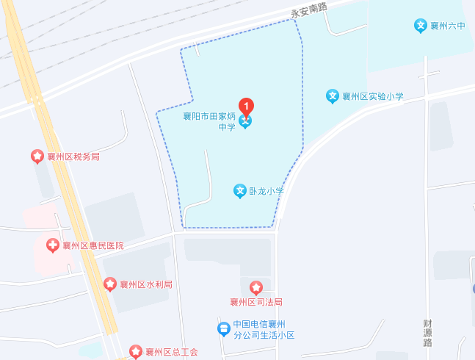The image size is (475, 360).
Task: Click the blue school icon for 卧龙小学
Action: (239, 191)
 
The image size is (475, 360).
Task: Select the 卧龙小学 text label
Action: (265, 191)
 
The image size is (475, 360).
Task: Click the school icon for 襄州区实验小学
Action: (332, 96)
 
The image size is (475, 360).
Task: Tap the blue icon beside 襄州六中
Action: (421, 26)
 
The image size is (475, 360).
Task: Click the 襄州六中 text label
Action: (448, 26)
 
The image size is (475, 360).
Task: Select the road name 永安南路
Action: (308, 10)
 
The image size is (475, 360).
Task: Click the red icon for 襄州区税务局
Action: (36, 156)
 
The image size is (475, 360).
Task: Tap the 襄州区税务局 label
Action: (73, 156)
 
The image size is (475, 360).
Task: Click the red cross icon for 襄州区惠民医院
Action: (52, 245)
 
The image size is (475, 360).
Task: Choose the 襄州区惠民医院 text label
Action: (93, 246)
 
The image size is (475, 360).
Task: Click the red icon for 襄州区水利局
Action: (109, 284)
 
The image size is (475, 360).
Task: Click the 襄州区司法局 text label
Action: (255, 302)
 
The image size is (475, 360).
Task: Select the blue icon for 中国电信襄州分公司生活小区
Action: (222, 329)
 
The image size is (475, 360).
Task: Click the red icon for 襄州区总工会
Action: (136, 351)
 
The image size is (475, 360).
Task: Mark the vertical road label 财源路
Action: (427, 332)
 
